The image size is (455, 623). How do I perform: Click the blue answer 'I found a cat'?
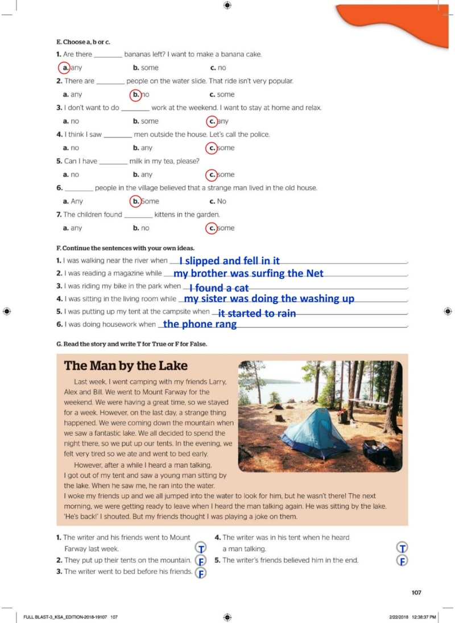pyautogui.click(x=219, y=288)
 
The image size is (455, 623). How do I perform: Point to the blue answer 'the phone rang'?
pyautogui.click(x=200, y=325)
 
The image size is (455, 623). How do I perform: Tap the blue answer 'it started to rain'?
pyautogui.click(x=257, y=313)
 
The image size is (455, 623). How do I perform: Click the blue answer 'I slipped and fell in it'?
pyautogui.click(x=229, y=261)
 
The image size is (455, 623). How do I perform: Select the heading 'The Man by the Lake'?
pyautogui.click(x=126, y=366)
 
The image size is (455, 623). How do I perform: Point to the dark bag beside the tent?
pyautogui.click(x=378, y=453)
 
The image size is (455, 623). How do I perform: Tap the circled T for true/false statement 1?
pyautogui.click(x=200, y=548)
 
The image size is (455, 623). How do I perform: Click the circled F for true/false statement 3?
pyautogui.click(x=200, y=573)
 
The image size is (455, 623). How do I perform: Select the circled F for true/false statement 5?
pyautogui.click(x=402, y=560)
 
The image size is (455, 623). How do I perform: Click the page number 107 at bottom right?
pyautogui.click(x=416, y=593)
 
